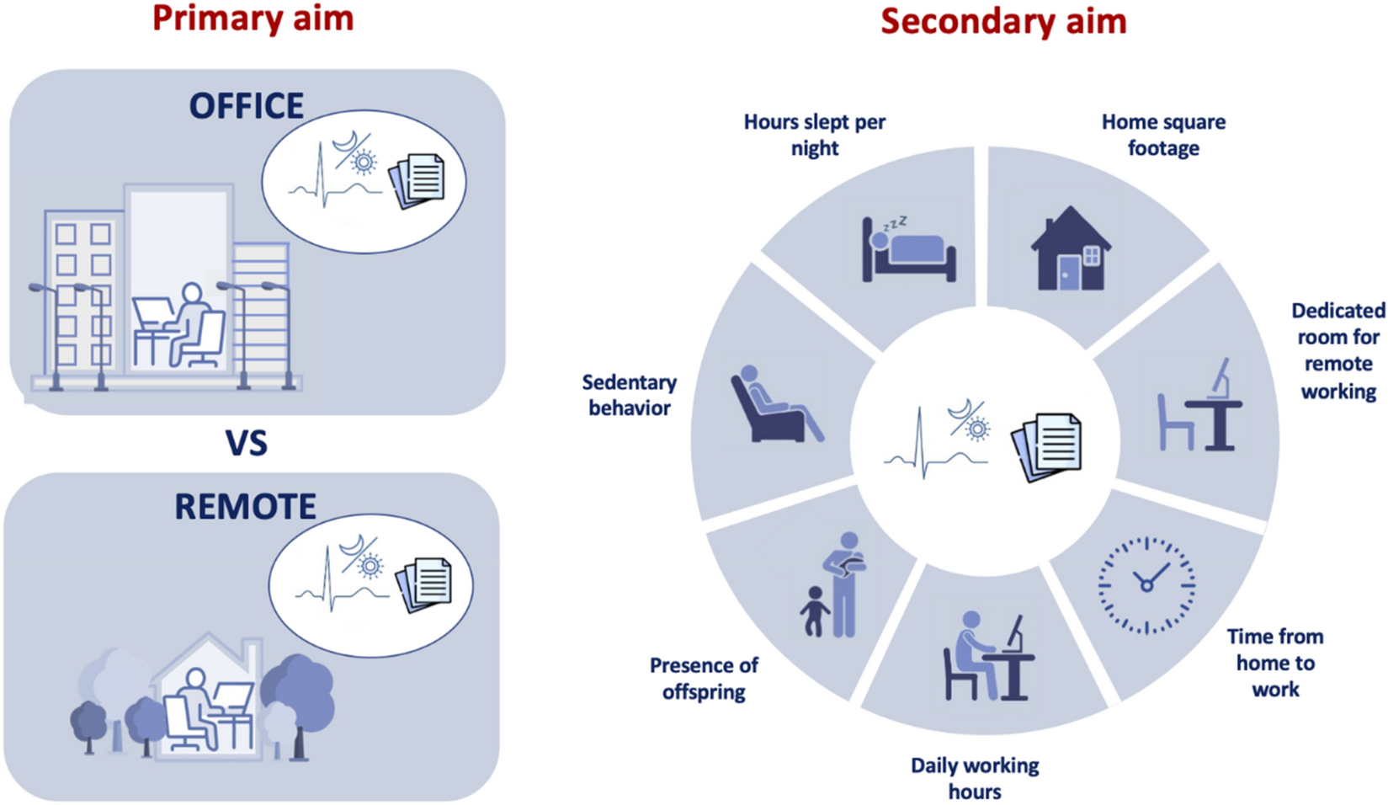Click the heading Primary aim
point(253,19)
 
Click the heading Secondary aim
point(1003,21)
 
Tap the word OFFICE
point(246,106)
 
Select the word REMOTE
point(245,507)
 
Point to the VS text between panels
point(246,443)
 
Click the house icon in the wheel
point(1070,249)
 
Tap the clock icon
point(1146,584)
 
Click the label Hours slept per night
point(814,135)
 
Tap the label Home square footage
point(1163,135)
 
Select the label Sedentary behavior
point(629,395)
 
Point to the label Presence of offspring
point(704,679)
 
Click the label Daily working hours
point(975,778)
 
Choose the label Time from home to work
point(1274,663)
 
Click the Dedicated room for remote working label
point(1337,351)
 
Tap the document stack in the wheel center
point(1049,446)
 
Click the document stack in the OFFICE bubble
point(417,180)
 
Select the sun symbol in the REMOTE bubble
point(370,566)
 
